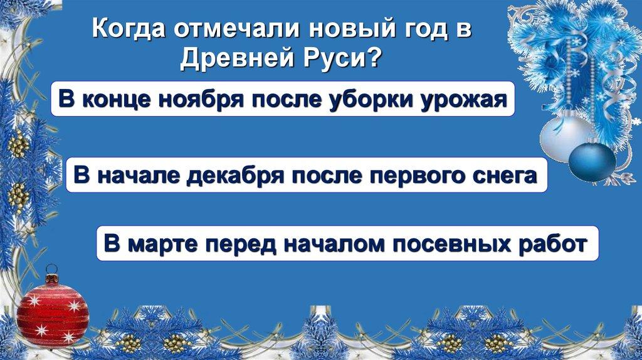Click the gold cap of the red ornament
[52, 276]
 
